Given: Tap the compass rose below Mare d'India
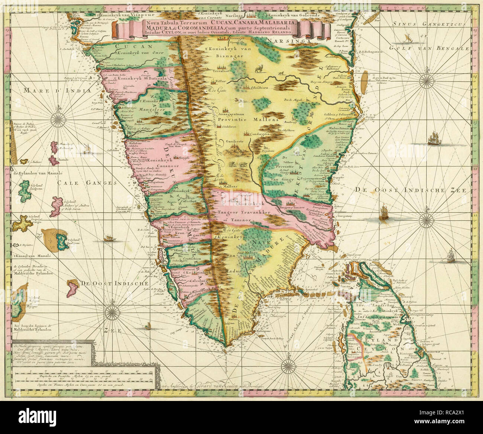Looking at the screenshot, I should pyautogui.click(x=58, y=119).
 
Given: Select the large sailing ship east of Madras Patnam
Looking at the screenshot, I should pyautogui.click(x=433, y=140).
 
